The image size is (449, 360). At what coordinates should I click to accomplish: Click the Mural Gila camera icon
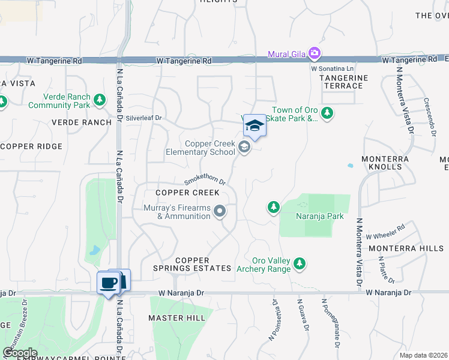(314, 54)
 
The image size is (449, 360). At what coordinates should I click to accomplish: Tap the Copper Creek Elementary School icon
(244, 146)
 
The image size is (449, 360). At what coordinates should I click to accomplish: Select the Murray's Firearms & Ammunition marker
(220, 211)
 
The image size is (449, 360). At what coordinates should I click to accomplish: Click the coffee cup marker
(108, 283)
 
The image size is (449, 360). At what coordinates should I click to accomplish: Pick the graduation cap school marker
(255, 127)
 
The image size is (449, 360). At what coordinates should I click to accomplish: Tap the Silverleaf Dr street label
(144, 118)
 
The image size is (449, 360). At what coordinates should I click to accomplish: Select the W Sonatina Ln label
(332, 69)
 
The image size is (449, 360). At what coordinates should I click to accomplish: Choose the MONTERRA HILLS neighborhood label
(406, 248)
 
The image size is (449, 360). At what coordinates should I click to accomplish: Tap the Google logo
(20, 353)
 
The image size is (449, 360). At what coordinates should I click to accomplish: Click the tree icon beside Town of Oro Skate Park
(327, 113)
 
